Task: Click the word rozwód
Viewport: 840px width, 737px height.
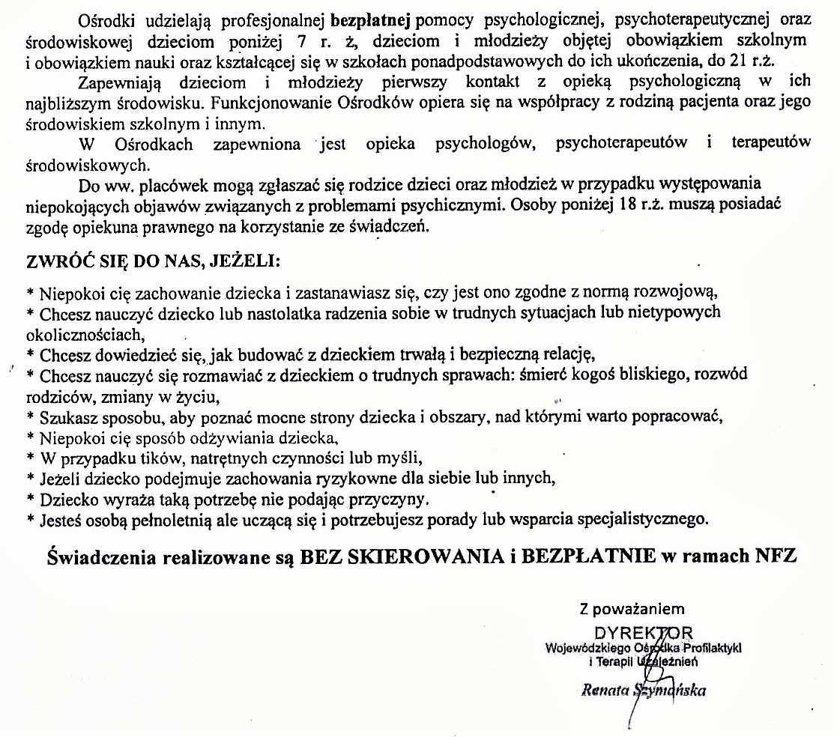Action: (721, 374)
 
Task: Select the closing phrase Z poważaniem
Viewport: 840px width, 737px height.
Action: (631, 609)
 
